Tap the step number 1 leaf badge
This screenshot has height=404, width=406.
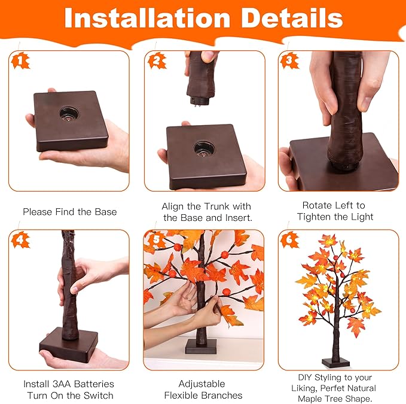click(21, 60)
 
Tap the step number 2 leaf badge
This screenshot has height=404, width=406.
click(157, 60)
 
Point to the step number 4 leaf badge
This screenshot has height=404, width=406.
click(21, 239)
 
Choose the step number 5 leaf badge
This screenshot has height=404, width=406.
click(157, 239)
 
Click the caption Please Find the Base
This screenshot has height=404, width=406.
click(69, 212)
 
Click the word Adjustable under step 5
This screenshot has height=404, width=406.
click(202, 384)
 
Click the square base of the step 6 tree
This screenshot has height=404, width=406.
click(334, 363)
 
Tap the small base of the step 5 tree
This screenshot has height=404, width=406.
click(200, 347)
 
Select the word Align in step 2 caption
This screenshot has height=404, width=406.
click(175, 206)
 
